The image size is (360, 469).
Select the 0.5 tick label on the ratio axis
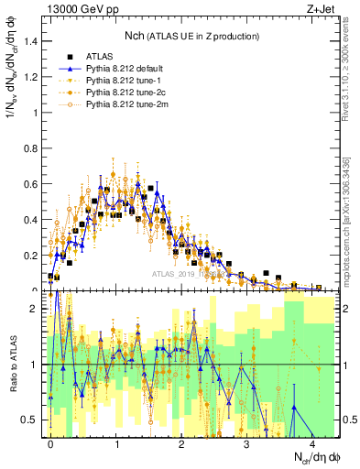click(32, 420)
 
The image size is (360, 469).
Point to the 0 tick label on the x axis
click(50, 443)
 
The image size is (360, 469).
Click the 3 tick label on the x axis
click(246, 443)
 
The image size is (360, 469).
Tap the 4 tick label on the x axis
click(312, 443)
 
